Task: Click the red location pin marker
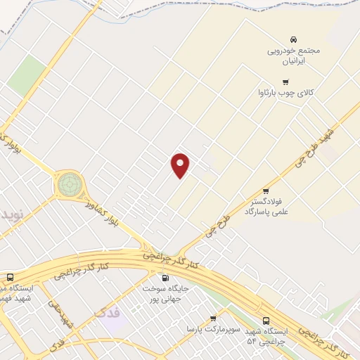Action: tap(181, 165)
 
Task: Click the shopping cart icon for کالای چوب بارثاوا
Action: tap(285, 82)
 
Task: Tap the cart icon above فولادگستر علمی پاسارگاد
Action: tap(266, 191)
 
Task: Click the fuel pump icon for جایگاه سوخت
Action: tap(165, 278)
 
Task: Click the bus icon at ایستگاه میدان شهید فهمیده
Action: tap(10, 277)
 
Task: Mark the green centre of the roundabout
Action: tap(70, 185)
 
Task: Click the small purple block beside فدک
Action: tap(112, 325)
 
